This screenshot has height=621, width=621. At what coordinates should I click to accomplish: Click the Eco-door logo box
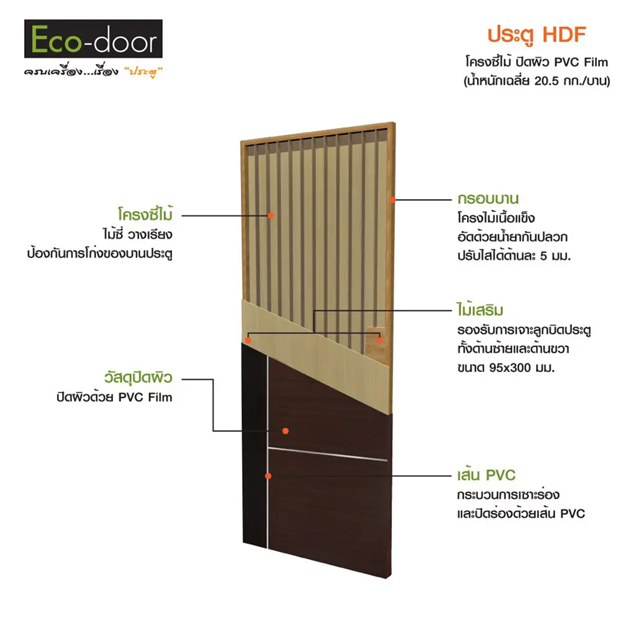pyautogui.click(x=93, y=39)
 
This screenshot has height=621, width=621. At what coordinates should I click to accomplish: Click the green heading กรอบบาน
pyautogui.click(x=484, y=201)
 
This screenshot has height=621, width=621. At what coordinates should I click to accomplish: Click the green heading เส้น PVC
pyautogui.click(x=484, y=476)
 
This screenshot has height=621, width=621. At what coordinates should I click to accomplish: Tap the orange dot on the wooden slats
pyautogui.click(x=271, y=215)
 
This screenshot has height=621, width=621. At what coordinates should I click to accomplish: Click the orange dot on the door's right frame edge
pyautogui.click(x=392, y=200)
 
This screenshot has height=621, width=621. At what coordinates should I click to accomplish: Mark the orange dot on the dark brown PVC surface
pyautogui.click(x=286, y=430)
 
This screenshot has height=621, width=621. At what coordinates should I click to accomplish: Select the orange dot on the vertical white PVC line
pyautogui.click(x=268, y=476)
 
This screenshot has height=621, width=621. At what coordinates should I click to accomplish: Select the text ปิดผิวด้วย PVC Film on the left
pyautogui.click(x=114, y=397)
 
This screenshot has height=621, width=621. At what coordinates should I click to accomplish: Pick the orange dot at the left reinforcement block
pyautogui.click(x=248, y=340)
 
